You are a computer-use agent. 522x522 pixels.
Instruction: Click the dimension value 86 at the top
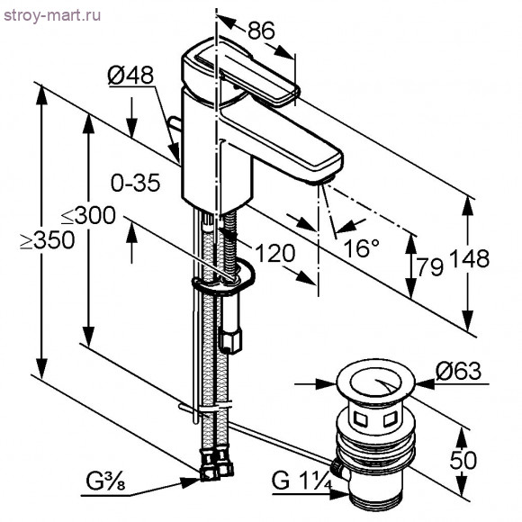(261, 30)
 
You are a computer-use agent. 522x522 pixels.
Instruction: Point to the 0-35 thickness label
(135, 183)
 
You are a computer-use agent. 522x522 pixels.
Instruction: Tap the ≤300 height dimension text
(88, 216)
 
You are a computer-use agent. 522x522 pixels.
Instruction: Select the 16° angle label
(361, 247)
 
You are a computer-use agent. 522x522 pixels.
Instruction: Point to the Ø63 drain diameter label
(459, 371)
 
